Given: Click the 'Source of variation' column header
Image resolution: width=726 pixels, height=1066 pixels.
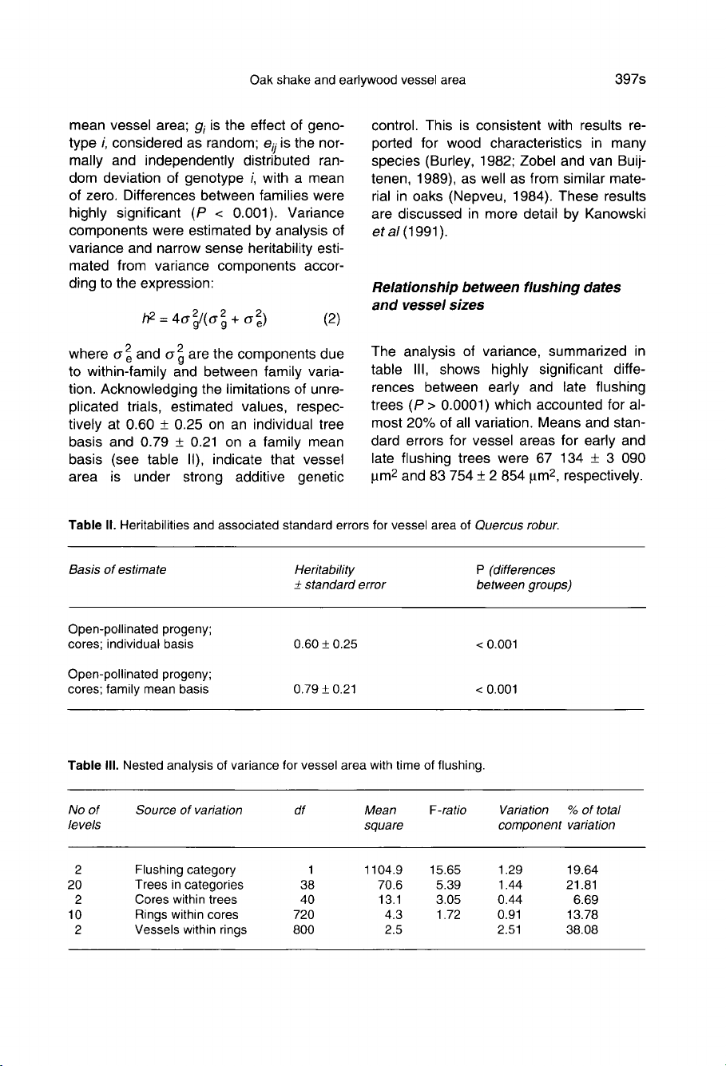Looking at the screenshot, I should click(188, 810).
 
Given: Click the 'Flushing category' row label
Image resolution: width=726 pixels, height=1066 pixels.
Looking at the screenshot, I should click(185, 869).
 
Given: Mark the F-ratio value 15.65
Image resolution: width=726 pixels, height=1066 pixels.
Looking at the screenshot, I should click(444, 869).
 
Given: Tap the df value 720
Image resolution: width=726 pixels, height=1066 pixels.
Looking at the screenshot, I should click(303, 914).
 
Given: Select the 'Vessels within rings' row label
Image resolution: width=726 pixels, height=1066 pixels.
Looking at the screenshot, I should click(191, 929).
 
